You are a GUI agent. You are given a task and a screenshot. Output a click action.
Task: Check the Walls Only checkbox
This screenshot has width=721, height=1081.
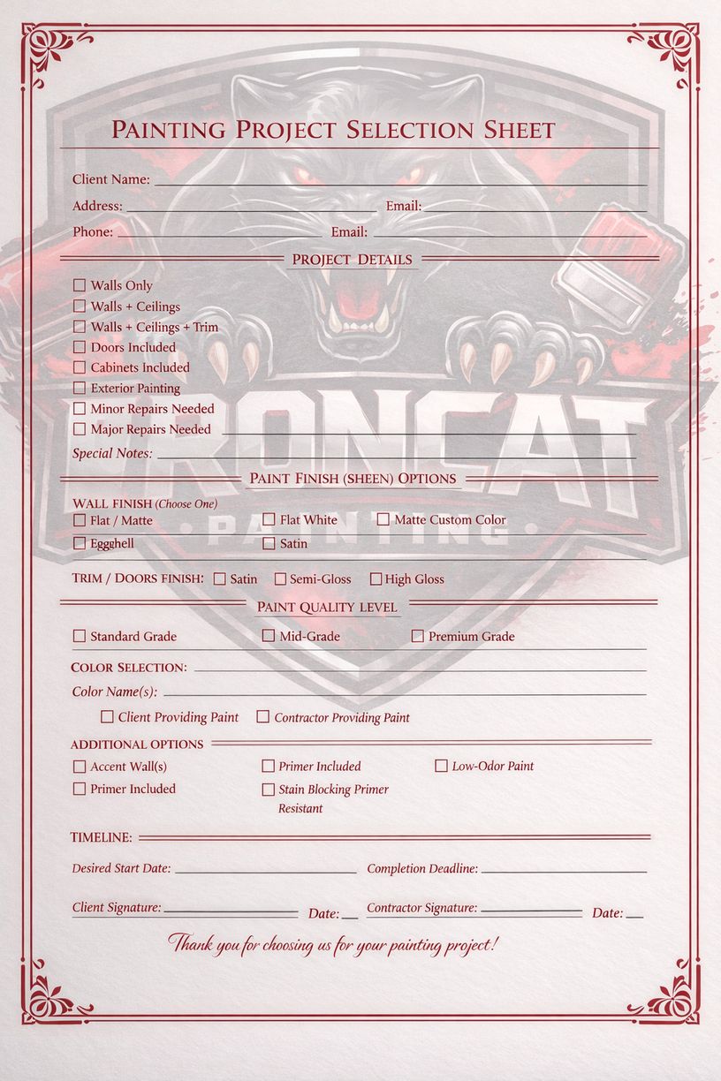(x=80, y=285)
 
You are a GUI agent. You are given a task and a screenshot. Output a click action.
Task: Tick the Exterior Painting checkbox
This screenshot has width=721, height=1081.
(x=80, y=388)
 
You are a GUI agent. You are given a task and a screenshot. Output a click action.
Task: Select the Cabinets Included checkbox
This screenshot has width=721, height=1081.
(x=80, y=367)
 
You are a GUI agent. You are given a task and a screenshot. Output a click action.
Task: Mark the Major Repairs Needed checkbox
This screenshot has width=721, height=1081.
(x=80, y=429)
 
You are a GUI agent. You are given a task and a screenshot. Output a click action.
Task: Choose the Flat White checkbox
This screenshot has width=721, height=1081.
(x=269, y=519)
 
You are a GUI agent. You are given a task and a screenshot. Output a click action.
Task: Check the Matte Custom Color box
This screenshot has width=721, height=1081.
(x=383, y=519)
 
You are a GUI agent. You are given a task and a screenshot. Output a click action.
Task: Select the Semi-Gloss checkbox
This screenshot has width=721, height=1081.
(x=280, y=579)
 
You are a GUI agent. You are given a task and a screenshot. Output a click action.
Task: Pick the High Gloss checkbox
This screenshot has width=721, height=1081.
(x=376, y=579)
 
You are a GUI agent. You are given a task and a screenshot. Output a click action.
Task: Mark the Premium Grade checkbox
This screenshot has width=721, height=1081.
(x=417, y=636)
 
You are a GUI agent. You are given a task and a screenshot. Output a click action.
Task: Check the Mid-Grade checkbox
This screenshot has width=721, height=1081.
(x=269, y=636)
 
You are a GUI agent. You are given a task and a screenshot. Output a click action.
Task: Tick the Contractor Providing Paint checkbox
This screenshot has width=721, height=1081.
(x=262, y=717)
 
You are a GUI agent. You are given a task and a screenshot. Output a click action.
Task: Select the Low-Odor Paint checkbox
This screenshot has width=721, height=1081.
(x=441, y=766)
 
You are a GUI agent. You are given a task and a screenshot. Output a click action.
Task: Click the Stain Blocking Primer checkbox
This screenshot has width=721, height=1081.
(x=269, y=790)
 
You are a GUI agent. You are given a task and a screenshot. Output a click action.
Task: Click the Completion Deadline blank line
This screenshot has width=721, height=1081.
(x=564, y=871)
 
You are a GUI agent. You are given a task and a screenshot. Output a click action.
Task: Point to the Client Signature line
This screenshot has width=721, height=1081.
(x=230, y=911)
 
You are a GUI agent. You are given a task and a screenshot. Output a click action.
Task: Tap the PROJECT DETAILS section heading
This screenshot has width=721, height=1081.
(x=352, y=260)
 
